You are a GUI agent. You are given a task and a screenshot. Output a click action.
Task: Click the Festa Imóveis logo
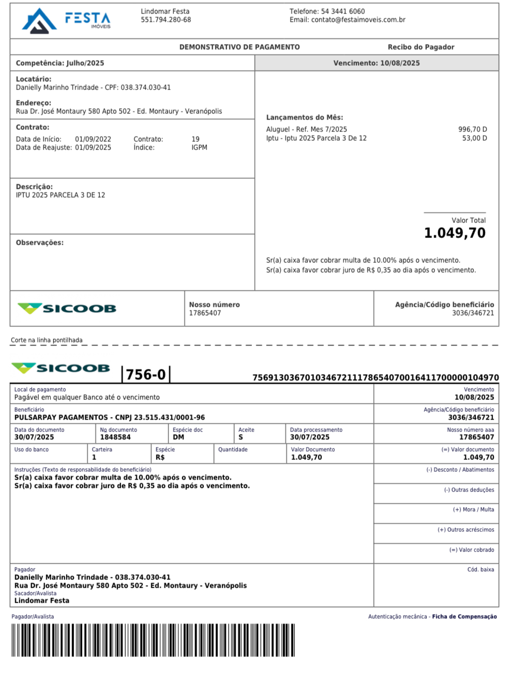(66, 21)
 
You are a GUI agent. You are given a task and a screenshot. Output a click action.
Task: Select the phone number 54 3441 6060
(342, 11)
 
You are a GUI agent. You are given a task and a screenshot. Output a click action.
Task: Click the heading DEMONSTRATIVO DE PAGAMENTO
(240, 47)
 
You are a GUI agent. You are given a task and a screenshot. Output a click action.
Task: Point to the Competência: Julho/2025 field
(60, 63)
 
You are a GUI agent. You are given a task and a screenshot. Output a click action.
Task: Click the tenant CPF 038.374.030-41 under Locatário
(145, 87)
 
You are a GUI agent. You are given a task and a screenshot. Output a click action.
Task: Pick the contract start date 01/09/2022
(93, 139)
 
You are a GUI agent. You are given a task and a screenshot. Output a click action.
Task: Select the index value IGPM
(199, 147)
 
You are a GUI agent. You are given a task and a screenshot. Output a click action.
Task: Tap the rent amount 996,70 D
(472, 129)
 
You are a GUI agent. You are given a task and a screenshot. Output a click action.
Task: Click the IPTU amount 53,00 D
(474, 138)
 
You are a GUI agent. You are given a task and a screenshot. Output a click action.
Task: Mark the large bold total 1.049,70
(455, 233)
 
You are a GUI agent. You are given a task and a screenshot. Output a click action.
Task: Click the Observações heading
(40, 243)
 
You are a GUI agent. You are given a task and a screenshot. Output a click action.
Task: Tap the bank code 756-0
(146, 375)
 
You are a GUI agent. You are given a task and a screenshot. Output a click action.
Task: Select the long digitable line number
(376, 378)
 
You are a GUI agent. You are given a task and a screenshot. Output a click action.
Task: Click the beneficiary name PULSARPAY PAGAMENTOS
(61, 417)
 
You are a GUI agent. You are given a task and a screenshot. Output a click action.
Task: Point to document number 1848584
(115, 437)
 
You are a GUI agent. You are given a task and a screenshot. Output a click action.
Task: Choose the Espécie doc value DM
(178, 437)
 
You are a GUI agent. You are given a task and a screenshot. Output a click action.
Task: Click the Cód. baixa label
(481, 570)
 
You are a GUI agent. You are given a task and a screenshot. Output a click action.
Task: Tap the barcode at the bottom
(153, 640)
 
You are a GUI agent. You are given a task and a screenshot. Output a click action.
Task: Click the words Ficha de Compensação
(465, 617)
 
